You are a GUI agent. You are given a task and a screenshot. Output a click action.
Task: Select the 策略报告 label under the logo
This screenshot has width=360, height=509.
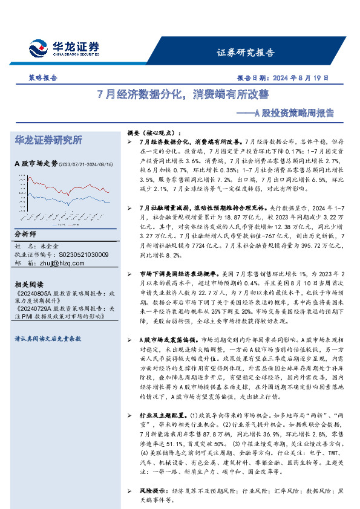(43, 78)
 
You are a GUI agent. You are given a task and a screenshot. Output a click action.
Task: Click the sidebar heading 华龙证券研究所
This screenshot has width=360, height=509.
(48, 140)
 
